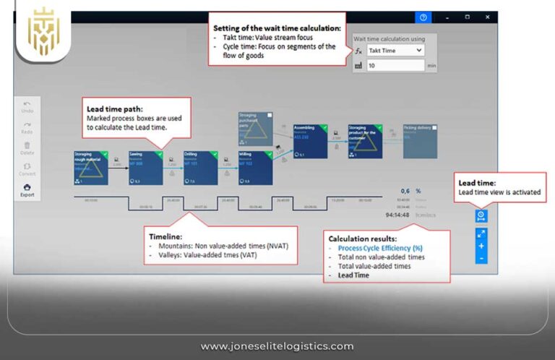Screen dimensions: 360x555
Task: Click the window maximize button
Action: point(468,17)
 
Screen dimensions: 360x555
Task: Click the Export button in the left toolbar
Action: point(27,190)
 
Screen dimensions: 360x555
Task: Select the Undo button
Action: point(27,107)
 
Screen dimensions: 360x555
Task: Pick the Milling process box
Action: point(255,168)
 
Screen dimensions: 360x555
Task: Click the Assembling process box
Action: point(310,141)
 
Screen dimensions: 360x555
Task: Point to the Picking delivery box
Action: point(421,141)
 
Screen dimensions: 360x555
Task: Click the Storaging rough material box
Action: point(90,168)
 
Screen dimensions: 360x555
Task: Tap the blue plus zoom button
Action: point(481,246)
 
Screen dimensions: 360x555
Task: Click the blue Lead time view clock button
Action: point(481,215)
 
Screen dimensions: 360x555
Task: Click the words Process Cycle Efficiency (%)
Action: point(380,248)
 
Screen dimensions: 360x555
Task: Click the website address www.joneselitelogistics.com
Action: point(277,346)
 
